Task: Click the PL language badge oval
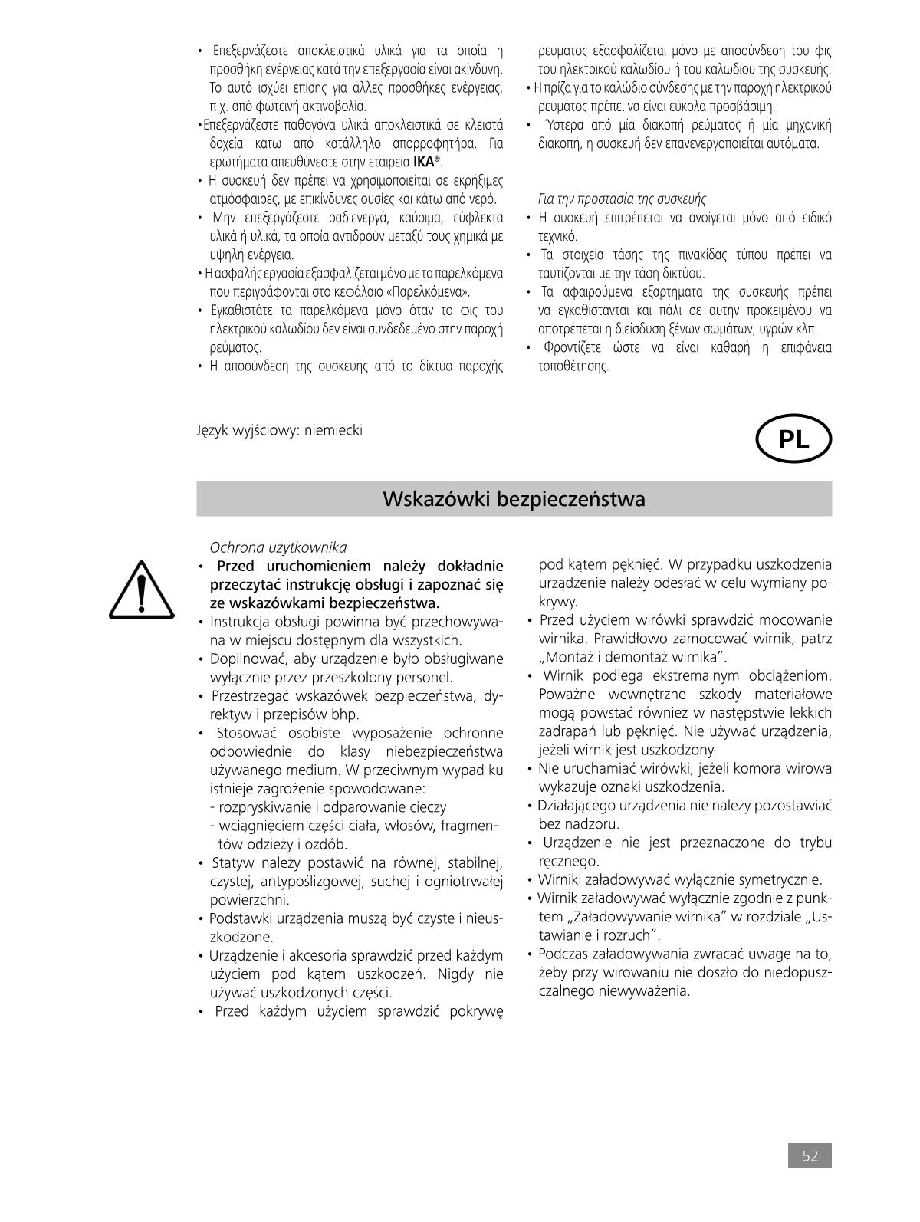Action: (793, 440)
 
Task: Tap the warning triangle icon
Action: (140, 590)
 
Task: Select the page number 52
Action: (810, 1156)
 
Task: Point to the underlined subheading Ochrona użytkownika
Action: (278, 547)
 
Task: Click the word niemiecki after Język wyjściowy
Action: (333, 429)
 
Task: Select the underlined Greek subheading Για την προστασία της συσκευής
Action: (622, 199)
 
